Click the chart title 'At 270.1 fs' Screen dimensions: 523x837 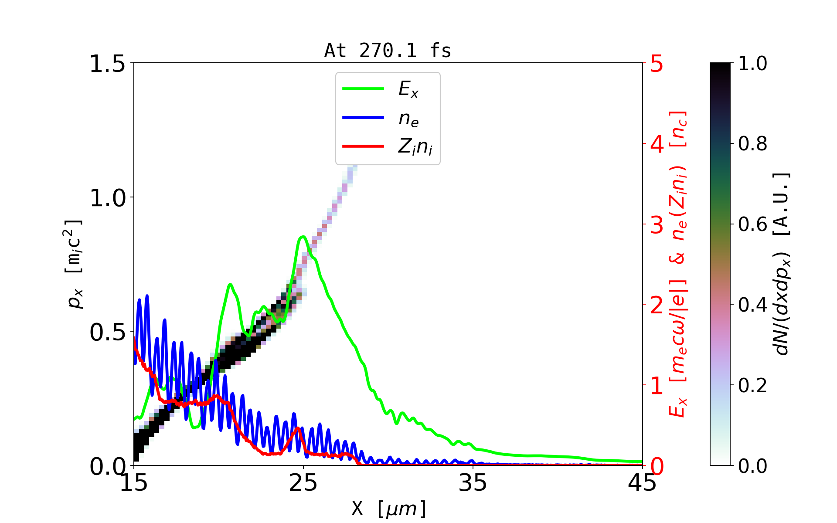(388, 51)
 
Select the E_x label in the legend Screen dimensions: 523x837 (408, 90)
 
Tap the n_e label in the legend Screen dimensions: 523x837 (408, 119)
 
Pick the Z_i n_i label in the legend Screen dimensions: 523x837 (415, 147)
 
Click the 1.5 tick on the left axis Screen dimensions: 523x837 (107, 64)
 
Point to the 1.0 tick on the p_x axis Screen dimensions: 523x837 (107, 198)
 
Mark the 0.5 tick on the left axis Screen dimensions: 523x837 (107, 333)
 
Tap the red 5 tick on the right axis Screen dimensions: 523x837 (657, 64)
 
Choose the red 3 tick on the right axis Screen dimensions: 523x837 (657, 225)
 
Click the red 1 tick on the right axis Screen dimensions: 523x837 (657, 386)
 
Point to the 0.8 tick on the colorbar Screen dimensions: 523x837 (752, 144)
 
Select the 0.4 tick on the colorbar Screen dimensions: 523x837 (752, 305)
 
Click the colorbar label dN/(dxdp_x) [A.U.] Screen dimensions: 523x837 (782, 264)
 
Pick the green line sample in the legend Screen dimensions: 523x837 (363, 89)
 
